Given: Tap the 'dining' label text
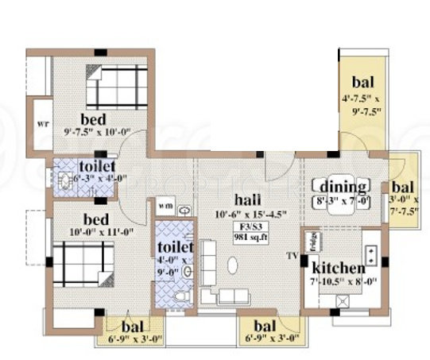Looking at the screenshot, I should pos(343,188).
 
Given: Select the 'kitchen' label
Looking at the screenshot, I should pos(338,268).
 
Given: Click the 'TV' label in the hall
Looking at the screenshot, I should pos(293,256).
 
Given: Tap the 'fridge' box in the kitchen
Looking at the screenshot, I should pos(312,240).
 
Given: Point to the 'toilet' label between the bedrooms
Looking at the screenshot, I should pos(96,166).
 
